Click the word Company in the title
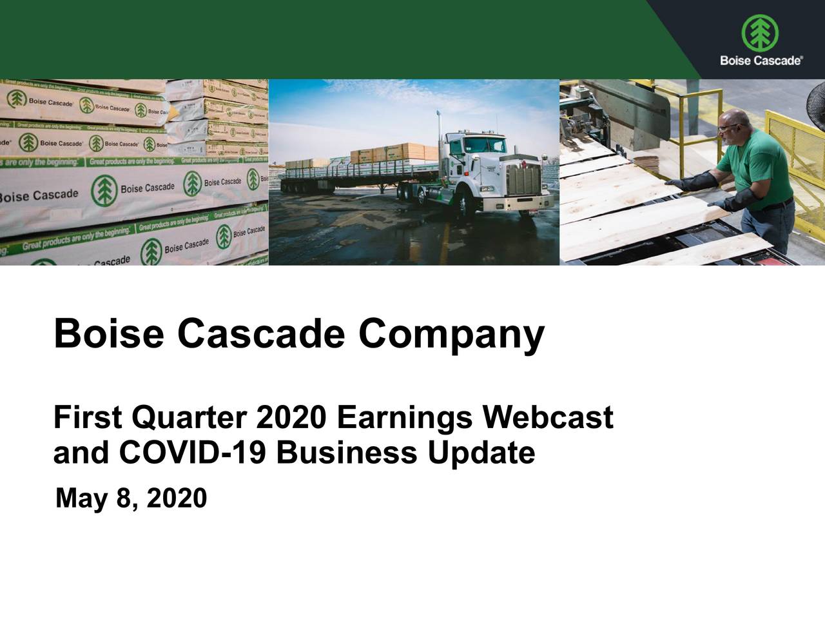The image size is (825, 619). tap(451, 335)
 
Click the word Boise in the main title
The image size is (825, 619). tap(108, 335)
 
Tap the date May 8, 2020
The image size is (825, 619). tap(131, 498)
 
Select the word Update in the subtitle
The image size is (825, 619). tap(480, 453)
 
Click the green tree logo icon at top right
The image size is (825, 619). tap(760, 32)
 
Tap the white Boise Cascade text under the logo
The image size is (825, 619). tap(761, 61)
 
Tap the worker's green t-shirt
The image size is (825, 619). tap(761, 168)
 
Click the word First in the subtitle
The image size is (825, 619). tap(87, 417)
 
